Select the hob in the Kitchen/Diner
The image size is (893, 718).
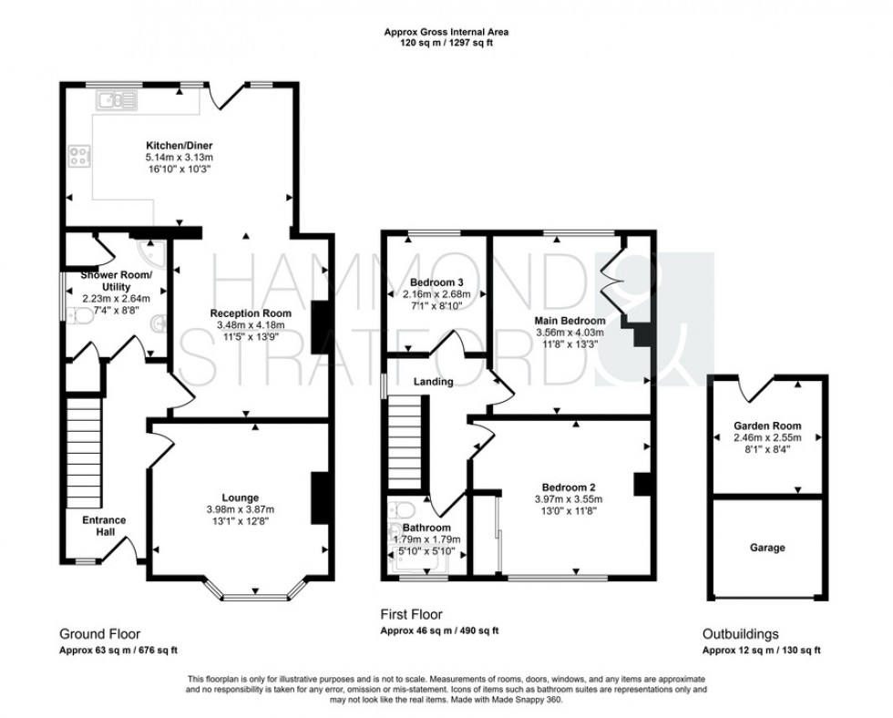click(x=77, y=158)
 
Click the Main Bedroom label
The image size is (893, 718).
click(x=570, y=321)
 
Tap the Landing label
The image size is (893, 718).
click(x=433, y=382)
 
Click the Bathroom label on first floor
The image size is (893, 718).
click(x=426, y=528)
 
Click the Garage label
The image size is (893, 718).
click(x=767, y=548)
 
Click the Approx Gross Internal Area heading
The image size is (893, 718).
click(x=446, y=32)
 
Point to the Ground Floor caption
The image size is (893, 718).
click(x=100, y=634)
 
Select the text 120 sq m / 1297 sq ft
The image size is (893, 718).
click(x=446, y=43)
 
